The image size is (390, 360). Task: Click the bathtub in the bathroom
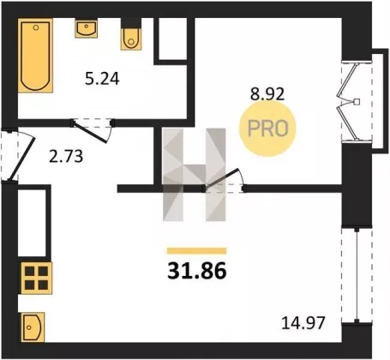(x=35, y=56)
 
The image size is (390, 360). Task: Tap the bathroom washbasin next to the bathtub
(x=87, y=28)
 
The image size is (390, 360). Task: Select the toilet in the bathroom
(x=131, y=34)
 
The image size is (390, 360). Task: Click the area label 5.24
(x=102, y=79)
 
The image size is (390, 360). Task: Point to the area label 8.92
(x=267, y=93)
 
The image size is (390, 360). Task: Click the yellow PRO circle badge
(x=267, y=129)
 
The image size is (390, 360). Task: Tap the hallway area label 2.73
(x=66, y=157)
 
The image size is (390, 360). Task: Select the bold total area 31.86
(x=197, y=271)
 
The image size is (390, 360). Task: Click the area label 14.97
(x=303, y=323)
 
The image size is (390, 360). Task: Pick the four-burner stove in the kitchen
(x=36, y=278)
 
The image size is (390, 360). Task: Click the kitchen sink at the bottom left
(x=33, y=327)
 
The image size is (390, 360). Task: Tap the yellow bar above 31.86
(x=197, y=251)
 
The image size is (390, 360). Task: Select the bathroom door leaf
(x=90, y=132)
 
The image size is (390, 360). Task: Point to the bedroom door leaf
(x=221, y=179)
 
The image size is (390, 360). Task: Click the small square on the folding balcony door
(x=357, y=101)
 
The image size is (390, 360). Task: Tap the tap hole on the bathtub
(x=36, y=27)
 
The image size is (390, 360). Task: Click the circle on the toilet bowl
(x=131, y=42)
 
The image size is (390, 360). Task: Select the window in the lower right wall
(x=357, y=275)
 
